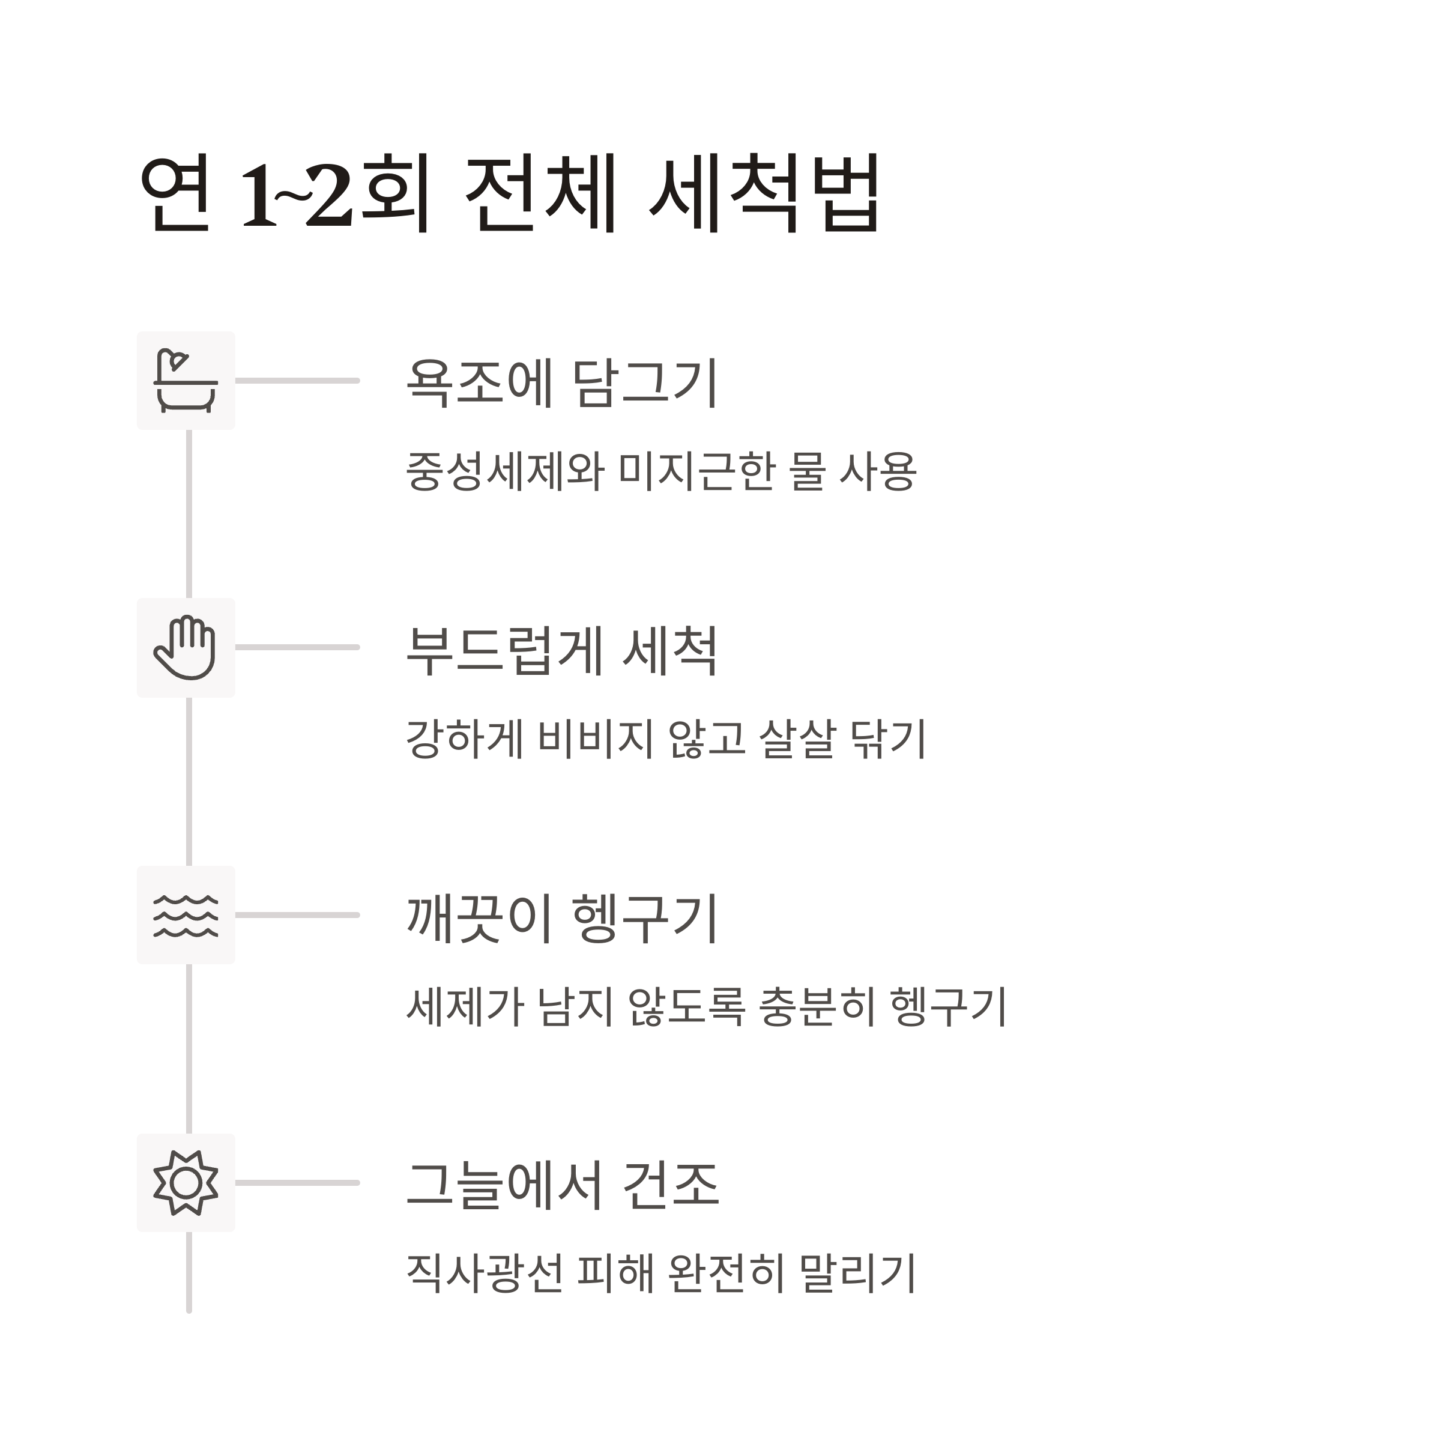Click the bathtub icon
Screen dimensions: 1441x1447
tap(186, 381)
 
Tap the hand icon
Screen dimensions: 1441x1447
tap(186, 648)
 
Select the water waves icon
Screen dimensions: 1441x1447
tap(186, 915)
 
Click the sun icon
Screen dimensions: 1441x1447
tap(186, 1183)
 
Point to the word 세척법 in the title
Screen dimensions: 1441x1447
tap(764, 193)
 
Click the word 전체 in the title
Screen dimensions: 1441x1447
tap(540, 193)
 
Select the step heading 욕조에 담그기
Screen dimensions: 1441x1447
tap(562, 382)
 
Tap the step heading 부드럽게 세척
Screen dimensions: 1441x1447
tap(562, 650)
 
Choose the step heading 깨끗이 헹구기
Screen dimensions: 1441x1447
tap(562, 918)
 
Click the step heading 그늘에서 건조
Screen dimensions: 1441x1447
tap(562, 1186)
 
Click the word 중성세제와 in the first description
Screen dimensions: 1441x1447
tap(504, 472)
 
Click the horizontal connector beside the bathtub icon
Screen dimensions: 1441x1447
tap(297, 381)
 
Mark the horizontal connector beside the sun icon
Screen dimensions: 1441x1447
tap(297, 1183)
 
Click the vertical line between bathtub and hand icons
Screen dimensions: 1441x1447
tap(189, 514)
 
